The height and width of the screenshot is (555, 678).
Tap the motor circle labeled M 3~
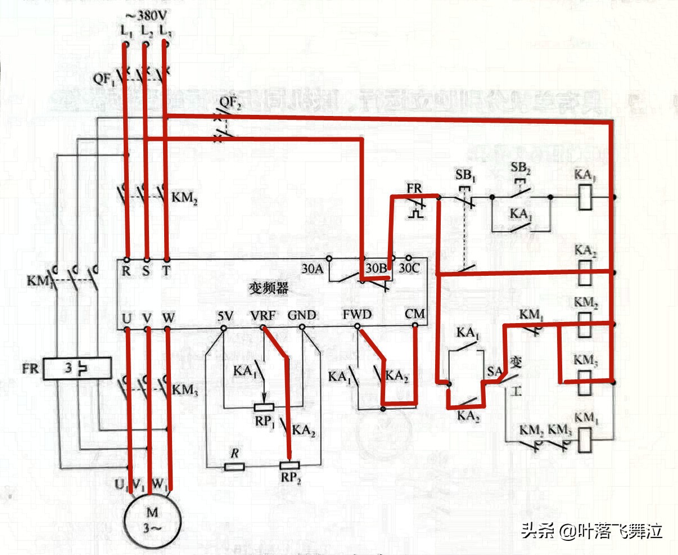tap(153, 520)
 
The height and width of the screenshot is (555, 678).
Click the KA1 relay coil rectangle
tap(584, 198)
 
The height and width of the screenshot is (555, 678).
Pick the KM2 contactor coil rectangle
tap(585, 325)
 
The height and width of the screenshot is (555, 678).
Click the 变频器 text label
tap(268, 288)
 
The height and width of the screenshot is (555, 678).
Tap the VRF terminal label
tap(263, 315)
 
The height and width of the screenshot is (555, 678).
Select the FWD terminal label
tap(357, 314)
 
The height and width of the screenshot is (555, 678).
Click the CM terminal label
tap(415, 314)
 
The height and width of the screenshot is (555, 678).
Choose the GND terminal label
tap(302, 315)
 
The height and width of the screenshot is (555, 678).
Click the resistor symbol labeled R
tap(234, 466)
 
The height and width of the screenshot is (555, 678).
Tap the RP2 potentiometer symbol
tap(290, 466)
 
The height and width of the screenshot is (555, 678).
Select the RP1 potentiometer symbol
tap(264, 407)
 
